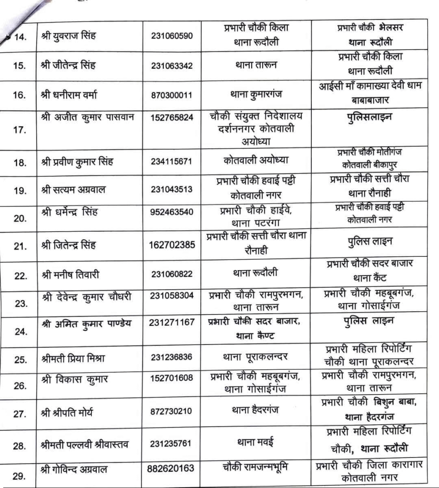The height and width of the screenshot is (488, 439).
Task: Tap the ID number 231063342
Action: click(x=172, y=65)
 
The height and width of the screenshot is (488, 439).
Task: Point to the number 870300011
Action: click(x=172, y=95)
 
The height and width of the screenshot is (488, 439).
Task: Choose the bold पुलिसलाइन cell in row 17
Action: click(x=367, y=118)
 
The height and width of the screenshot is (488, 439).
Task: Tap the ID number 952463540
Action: click(x=172, y=212)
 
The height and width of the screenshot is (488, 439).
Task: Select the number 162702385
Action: click(x=172, y=245)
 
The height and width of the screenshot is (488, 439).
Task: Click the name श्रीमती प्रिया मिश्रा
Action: click(x=73, y=359)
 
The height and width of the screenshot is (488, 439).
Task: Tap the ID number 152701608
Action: click(x=172, y=379)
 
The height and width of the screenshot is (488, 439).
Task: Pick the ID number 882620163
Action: click(x=172, y=468)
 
